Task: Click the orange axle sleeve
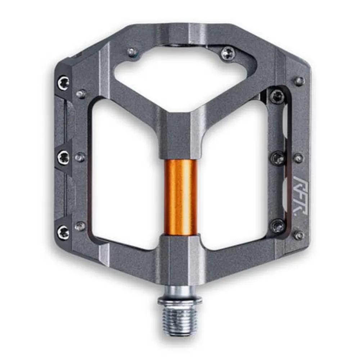(181, 197)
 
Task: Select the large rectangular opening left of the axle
(126, 173)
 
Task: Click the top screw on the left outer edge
(63, 83)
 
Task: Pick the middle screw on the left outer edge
(64, 157)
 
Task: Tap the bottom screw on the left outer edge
(63, 232)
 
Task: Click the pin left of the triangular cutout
(133, 52)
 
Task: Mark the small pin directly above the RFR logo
(298, 158)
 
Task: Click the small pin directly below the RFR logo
(298, 235)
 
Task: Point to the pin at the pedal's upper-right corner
(299, 81)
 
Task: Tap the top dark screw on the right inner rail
(277, 96)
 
